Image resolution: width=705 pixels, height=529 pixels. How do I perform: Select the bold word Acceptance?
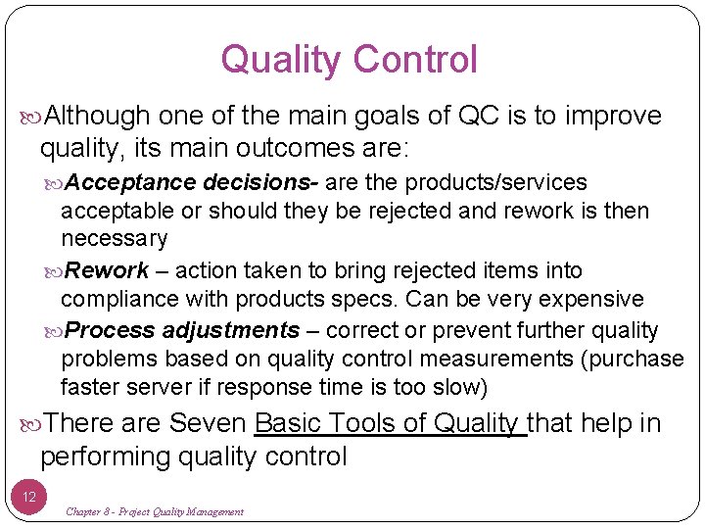[132, 183]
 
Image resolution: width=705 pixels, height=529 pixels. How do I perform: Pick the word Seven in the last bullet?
[208, 424]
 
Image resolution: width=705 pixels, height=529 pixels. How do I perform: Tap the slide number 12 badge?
[29, 497]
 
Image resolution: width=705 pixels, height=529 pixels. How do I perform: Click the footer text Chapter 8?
[91, 512]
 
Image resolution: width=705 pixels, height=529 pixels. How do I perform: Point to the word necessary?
[115, 239]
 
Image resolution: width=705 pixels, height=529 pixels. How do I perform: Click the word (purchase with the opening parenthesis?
[633, 360]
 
